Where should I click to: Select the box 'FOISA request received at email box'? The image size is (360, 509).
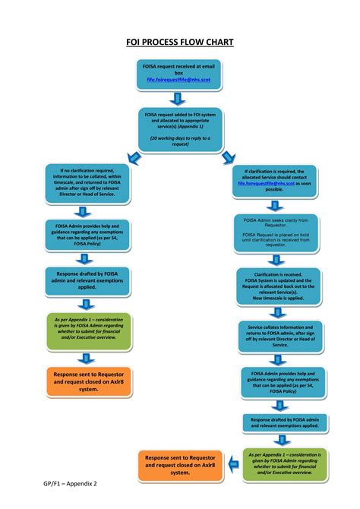click(x=180, y=74)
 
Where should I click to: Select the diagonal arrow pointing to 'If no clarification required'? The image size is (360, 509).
click(x=133, y=157)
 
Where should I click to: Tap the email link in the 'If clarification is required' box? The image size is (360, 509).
click(x=269, y=183)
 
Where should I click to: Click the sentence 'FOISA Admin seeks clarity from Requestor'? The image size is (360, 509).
click(x=274, y=222)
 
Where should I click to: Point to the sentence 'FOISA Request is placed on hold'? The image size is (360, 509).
click(x=274, y=240)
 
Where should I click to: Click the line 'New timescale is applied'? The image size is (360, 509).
click(x=274, y=299)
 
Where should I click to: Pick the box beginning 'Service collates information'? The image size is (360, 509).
click(x=274, y=335)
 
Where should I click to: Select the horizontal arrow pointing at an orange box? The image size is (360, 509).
click(x=224, y=464)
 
